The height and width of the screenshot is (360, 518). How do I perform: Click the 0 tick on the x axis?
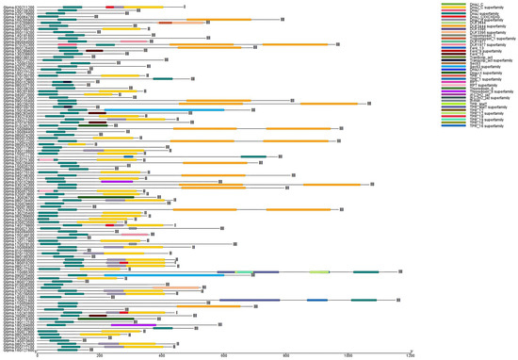pos(38,351)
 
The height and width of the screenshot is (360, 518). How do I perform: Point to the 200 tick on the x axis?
pos(100,351)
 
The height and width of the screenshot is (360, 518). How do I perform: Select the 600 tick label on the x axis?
pos(224,355)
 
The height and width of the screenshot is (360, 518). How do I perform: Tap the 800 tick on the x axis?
pos(286,351)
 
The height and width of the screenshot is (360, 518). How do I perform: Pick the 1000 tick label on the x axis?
pos(348,355)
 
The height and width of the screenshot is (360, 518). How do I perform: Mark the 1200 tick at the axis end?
pos(411,351)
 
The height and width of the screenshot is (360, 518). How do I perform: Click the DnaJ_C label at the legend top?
pos(477,4)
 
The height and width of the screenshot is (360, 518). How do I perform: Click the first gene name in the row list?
pos(19,6)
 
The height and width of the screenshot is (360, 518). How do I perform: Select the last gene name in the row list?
pos(19,346)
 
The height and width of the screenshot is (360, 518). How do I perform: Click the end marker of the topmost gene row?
pos(185,7)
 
